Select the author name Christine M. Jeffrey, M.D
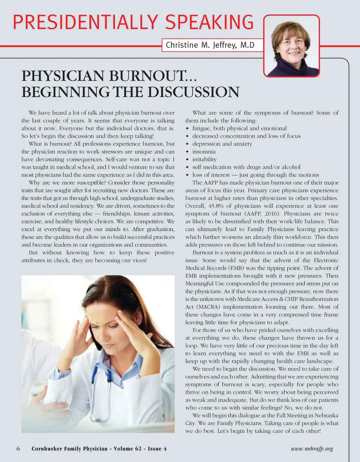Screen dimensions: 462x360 coord(210,45)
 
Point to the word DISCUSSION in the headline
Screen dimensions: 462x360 coord(193,92)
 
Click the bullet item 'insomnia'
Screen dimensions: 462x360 coord(204,152)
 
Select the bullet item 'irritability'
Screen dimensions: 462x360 coord(204,159)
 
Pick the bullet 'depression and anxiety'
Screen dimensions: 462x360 coord(222,144)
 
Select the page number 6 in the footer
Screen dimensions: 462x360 coord(18,449)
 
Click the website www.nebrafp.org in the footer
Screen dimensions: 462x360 coord(312,449)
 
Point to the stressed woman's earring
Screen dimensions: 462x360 coord(139,323)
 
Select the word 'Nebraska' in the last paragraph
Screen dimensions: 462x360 coord(327,416)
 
